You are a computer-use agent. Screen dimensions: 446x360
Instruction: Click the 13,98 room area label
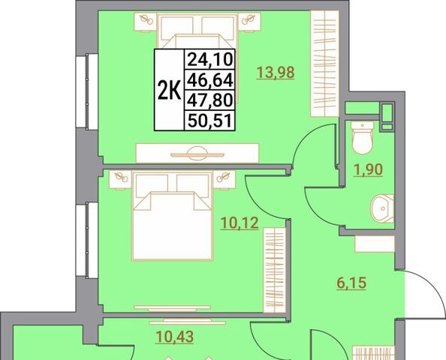(276, 72)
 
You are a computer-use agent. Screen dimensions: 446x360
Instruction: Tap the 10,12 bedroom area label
(240, 223)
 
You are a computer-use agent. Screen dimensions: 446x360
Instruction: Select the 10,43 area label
(175, 337)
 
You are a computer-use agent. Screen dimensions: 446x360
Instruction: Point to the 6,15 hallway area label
(351, 283)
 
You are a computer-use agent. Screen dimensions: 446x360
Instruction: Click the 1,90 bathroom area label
(368, 169)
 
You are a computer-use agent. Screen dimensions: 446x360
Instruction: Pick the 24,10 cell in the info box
(210, 59)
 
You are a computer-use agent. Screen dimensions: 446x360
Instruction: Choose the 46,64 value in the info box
(210, 79)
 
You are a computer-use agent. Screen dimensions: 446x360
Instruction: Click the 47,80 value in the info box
(210, 100)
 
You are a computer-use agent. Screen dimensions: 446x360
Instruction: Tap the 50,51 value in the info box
(210, 120)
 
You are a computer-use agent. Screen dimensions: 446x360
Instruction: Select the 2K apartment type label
(170, 90)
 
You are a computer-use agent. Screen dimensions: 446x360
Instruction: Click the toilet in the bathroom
(363, 138)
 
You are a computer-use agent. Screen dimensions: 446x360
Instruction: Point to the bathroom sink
(383, 208)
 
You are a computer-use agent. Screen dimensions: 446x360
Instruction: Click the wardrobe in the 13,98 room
(324, 63)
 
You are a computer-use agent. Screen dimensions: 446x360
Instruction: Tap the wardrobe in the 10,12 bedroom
(275, 270)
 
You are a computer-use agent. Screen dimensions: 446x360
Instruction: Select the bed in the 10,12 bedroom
(173, 216)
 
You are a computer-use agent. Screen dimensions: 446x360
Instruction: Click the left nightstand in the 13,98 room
(146, 22)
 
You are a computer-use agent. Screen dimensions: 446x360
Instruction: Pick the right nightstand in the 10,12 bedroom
(225, 179)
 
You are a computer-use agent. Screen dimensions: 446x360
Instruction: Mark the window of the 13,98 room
(87, 91)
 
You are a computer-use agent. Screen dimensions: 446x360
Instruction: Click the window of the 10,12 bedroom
(87, 240)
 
